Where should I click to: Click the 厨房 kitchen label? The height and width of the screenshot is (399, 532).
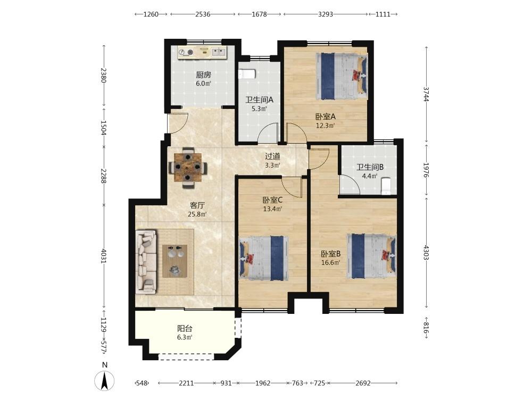pyautogui.click(x=203, y=74)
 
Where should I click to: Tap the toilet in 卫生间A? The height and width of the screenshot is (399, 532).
pyautogui.click(x=246, y=74)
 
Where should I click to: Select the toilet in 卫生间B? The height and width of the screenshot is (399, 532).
pyautogui.click(x=386, y=186)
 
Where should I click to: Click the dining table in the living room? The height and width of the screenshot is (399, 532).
pyautogui.click(x=188, y=167)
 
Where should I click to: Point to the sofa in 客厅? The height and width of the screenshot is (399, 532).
pyautogui.click(x=146, y=262)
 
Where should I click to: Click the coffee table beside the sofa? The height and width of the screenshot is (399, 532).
pyautogui.click(x=174, y=261)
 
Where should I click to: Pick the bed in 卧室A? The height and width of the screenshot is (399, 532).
pyautogui.click(x=342, y=76)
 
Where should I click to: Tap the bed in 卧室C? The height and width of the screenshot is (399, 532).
pyautogui.click(x=264, y=258)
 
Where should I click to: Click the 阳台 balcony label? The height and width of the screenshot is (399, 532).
pyautogui.click(x=185, y=328)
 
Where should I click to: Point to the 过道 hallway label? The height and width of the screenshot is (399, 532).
pyautogui.click(x=272, y=156)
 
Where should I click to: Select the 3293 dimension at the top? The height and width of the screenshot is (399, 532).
pyautogui.click(x=326, y=14)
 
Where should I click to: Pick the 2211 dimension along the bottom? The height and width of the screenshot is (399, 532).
pyautogui.click(x=186, y=383)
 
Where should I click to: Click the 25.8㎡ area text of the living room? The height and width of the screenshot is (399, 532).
pyautogui.click(x=197, y=214)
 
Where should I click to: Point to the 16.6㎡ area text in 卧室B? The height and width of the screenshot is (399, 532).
pyautogui.click(x=331, y=262)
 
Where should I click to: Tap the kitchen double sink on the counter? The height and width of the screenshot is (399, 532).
pyautogui.click(x=219, y=52)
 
